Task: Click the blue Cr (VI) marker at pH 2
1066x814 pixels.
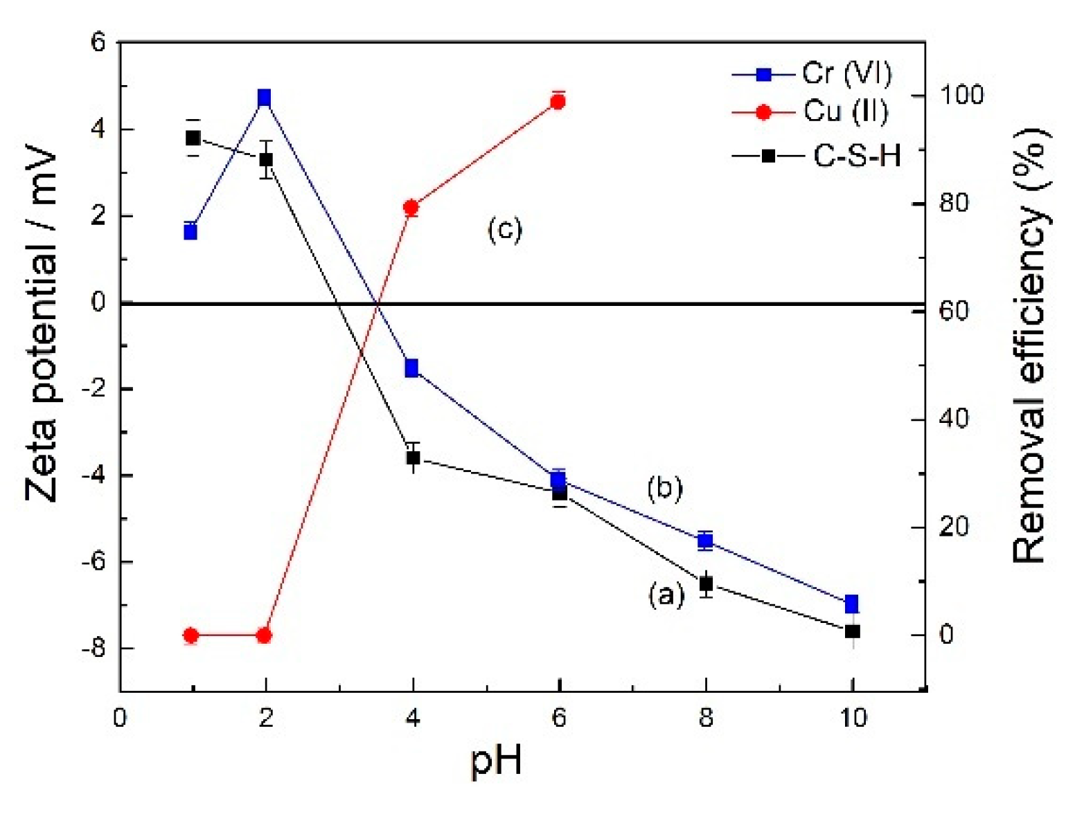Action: click(264, 98)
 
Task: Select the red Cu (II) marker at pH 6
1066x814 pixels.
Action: click(558, 102)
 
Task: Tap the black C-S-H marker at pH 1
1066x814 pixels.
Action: click(193, 138)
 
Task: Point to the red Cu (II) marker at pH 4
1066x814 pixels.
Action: click(411, 208)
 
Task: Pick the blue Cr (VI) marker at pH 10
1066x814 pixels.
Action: click(852, 604)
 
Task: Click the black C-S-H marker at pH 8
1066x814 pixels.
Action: click(706, 584)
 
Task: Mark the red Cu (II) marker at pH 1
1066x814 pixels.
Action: click(191, 635)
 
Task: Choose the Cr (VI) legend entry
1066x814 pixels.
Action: click(814, 73)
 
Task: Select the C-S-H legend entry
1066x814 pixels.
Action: click(818, 156)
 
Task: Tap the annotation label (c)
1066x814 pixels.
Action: click(504, 229)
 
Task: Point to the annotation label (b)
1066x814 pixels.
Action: click(664, 488)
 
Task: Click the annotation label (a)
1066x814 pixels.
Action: click(666, 595)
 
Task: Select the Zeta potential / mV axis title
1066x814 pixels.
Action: click(42, 323)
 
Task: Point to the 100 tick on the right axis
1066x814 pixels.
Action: click(961, 95)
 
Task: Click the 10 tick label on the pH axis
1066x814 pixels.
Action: click(853, 718)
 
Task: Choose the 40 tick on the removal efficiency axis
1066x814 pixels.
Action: click(953, 419)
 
